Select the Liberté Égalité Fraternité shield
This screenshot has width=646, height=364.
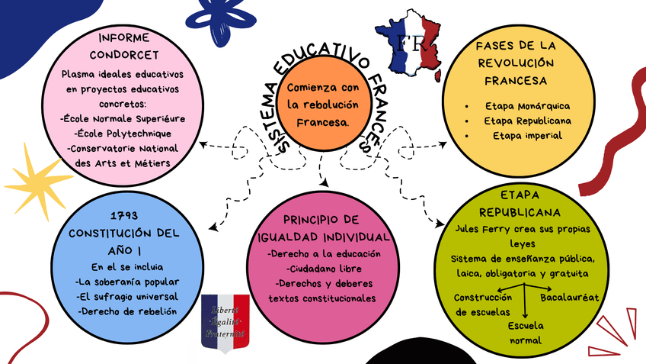[225, 321]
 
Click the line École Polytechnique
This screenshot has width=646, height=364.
[123, 134]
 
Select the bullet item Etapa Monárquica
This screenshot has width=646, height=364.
[527, 106]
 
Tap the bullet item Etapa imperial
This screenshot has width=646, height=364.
[527, 136]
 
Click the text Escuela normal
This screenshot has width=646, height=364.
[524, 333]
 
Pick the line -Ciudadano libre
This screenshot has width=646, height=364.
[322, 269]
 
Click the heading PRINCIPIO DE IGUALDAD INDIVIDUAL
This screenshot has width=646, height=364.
[324, 227]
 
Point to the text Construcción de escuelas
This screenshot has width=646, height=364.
[483, 304]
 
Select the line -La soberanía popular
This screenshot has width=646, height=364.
[127, 282]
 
